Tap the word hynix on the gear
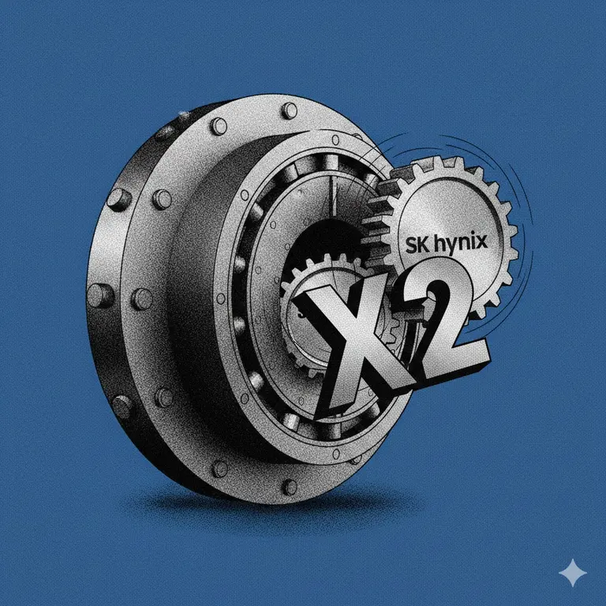(461, 245)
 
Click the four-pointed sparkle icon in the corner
(573, 572)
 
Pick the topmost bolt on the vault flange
(289, 110)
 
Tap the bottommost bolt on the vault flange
(289, 487)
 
